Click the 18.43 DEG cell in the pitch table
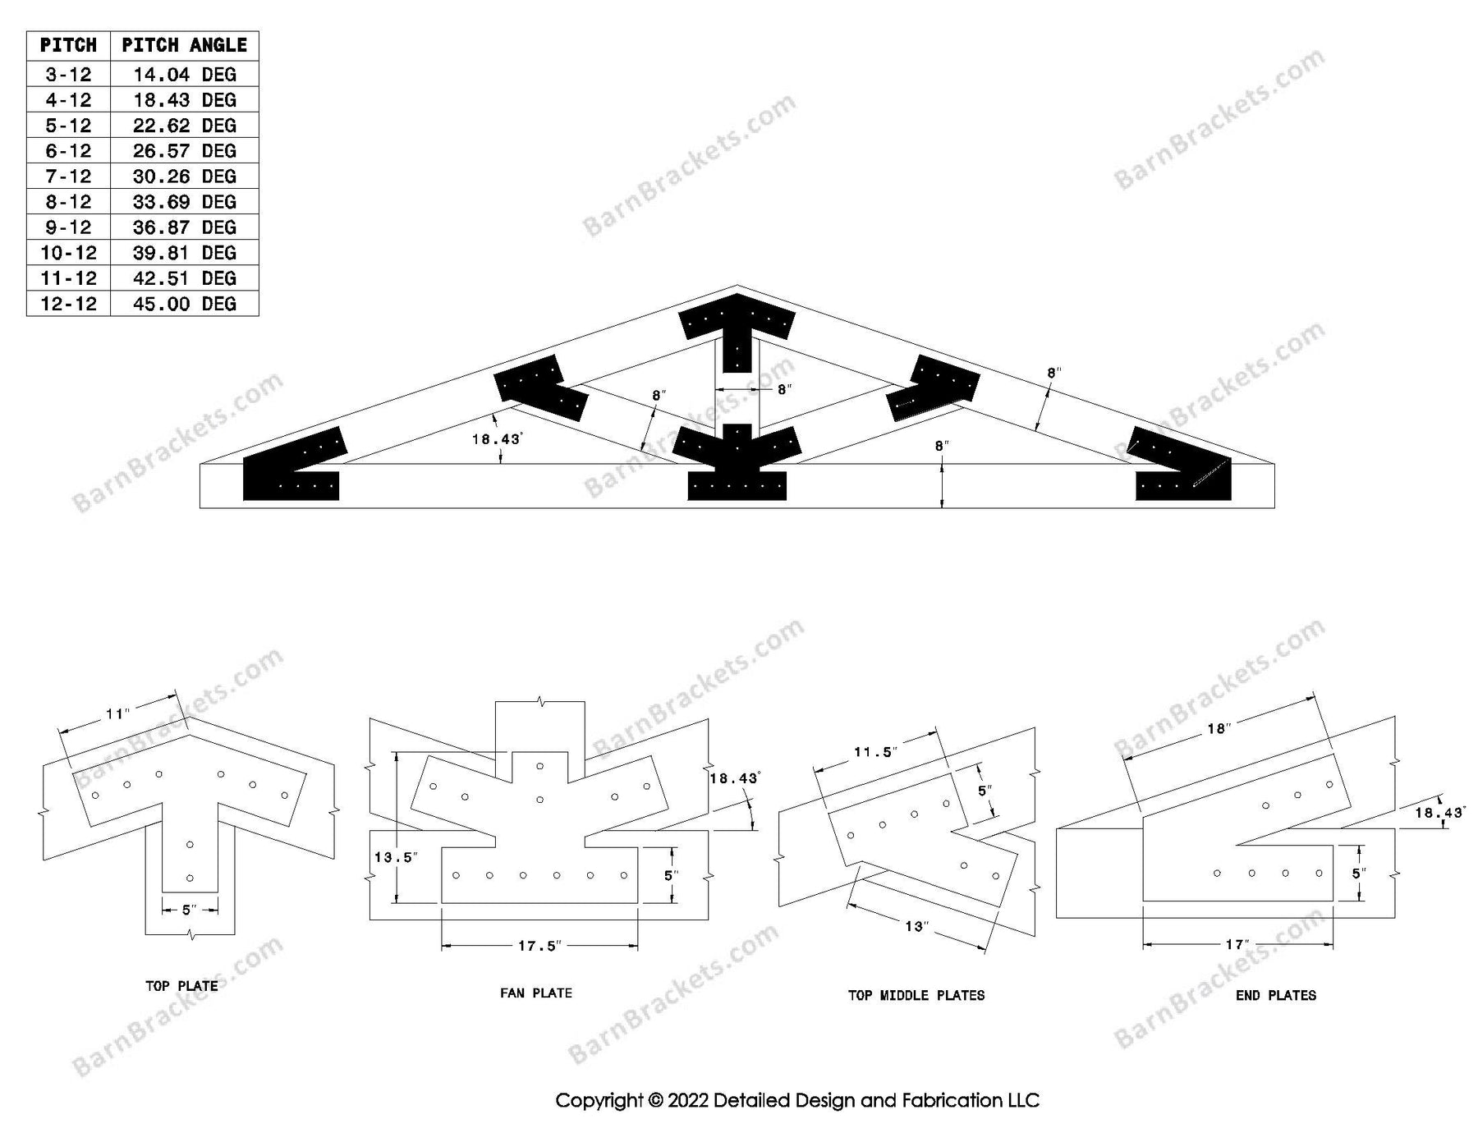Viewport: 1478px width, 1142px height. pos(184,100)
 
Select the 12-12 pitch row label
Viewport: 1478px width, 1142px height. pos(68,304)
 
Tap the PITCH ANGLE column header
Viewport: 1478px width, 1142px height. pos(184,45)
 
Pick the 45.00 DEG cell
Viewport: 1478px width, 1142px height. pos(184,304)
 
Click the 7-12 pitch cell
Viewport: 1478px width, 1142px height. pos(68,177)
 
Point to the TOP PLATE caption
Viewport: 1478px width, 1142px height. pos(181,986)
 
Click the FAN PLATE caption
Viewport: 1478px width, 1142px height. pos(535,993)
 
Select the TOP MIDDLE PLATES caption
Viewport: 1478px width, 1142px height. pos(916,995)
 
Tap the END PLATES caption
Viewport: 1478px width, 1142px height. pos(1275,995)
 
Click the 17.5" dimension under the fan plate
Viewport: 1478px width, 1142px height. pos(539,946)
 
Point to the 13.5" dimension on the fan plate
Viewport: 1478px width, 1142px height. pos(396,857)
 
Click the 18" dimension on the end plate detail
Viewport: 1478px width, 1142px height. pos(1218,728)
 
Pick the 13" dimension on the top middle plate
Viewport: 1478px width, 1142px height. pos(916,926)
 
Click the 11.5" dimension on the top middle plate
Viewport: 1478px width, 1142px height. pos(875,752)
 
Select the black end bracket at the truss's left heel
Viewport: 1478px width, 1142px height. pos(292,468)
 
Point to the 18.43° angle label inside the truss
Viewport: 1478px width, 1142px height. pos(496,439)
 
